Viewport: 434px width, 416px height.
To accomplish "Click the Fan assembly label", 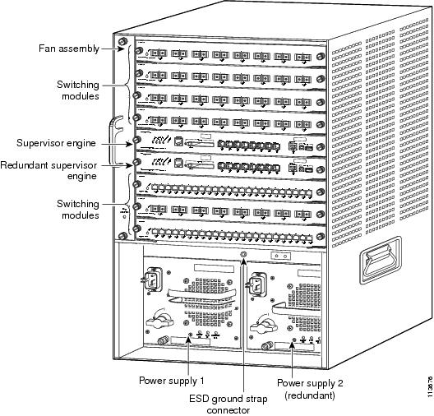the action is click(69, 49).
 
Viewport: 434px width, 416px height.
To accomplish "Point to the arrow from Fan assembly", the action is click(113, 49).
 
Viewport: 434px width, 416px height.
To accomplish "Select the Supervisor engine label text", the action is click(56, 143).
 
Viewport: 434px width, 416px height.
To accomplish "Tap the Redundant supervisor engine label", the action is click(48, 170).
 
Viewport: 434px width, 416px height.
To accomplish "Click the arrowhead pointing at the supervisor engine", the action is click(129, 144).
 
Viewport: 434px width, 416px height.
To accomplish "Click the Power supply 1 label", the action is click(172, 381).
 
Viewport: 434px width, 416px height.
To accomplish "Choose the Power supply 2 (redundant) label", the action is click(310, 389).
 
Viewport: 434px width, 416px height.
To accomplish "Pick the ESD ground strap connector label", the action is click(229, 404).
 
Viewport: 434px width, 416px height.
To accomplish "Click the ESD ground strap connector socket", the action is click(243, 254).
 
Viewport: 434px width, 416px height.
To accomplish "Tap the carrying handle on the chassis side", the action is click(381, 260).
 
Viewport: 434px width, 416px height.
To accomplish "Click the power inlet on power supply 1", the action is click(152, 279).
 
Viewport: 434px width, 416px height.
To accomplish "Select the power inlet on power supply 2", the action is click(256, 284).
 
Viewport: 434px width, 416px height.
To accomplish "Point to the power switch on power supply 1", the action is click(159, 321).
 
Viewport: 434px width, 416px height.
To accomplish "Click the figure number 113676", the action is click(429, 386).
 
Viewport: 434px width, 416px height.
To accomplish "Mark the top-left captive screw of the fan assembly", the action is click(122, 42).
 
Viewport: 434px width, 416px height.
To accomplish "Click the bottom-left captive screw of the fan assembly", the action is click(122, 236).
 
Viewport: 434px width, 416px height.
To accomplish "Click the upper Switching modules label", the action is click(78, 90).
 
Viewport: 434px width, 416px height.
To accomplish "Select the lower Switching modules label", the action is click(78, 210).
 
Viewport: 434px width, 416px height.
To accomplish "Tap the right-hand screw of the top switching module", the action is click(321, 56).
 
